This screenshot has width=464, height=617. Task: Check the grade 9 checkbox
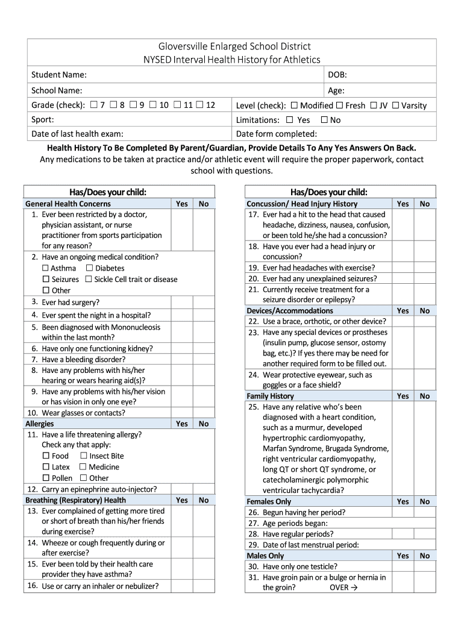point(133,105)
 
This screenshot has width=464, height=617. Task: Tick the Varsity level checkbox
point(395,105)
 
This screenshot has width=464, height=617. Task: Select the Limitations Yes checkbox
point(289,120)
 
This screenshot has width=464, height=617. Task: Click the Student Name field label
point(59,75)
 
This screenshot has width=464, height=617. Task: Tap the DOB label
point(337,75)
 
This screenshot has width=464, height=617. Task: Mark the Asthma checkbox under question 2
point(46,268)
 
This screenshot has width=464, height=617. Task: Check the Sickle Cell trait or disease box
point(89,279)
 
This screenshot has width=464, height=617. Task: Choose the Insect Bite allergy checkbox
point(84,456)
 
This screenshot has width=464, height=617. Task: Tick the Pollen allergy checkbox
point(46,478)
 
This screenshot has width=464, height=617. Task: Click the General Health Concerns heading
point(68,204)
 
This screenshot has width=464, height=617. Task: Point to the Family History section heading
point(271,396)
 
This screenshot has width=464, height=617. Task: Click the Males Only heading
point(266,556)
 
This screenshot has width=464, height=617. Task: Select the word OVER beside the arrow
point(339,587)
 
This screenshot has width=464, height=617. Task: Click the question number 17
point(254,215)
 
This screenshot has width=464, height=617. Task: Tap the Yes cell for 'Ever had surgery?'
point(182,302)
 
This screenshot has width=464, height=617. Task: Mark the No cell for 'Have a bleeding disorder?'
point(204,359)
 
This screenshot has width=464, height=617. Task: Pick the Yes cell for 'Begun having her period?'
point(403,512)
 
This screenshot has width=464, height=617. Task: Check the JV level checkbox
point(374,105)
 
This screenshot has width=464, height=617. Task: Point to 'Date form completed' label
point(277,134)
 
